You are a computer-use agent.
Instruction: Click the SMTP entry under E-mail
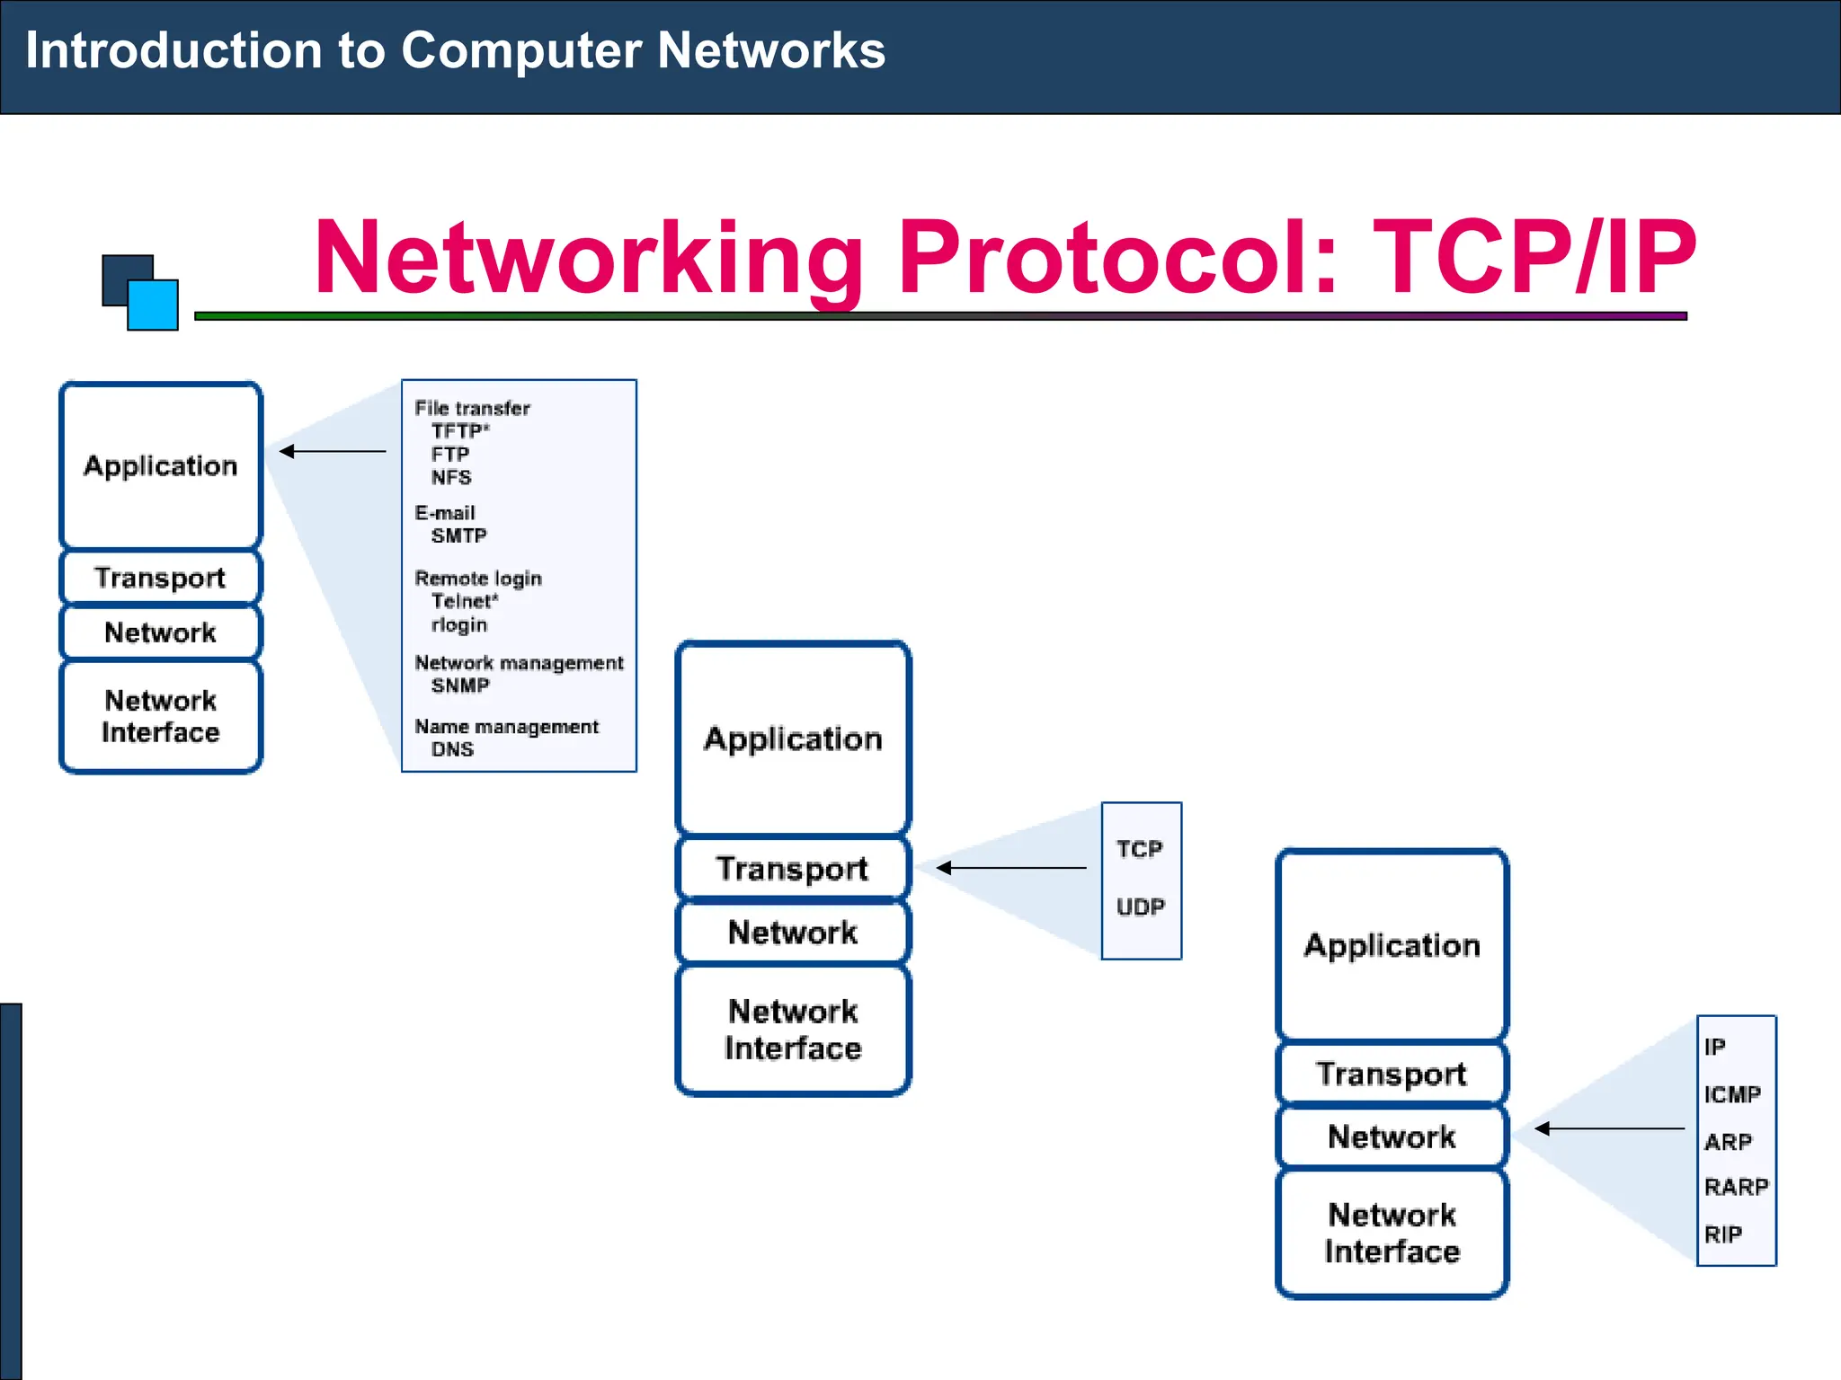point(458,536)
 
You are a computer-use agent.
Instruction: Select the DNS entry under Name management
point(452,749)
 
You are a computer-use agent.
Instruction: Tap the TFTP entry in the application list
point(459,431)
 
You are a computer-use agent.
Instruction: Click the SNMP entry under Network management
point(460,686)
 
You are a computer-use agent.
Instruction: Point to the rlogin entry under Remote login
point(459,624)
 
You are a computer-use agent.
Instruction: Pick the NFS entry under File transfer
point(451,477)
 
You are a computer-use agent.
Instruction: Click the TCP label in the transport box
point(1139,849)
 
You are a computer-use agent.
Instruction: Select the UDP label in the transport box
point(1140,907)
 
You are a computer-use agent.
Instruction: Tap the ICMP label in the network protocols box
point(1731,1094)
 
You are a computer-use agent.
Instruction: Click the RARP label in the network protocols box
point(1736,1187)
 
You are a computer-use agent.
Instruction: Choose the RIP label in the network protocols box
point(1722,1234)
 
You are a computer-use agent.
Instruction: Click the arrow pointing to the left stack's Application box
point(332,451)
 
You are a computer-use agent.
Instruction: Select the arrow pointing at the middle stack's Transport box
point(1010,868)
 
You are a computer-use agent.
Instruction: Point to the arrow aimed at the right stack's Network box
point(1608,1128)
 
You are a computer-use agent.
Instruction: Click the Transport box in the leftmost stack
point(160,578)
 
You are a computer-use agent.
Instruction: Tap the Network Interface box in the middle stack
point(793,1030)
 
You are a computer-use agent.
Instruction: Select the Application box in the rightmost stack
point(1392,945)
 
